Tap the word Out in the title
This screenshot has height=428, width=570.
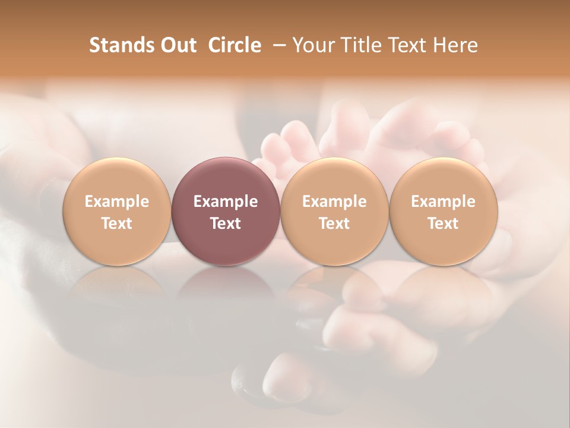(177, 45)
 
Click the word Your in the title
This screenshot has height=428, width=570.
(312, 45)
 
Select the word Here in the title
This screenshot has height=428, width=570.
(455, 45)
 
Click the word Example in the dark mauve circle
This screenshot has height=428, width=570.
(226, 202)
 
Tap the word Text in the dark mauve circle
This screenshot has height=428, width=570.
(226, 224)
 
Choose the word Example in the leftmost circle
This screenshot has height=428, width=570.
(117, 202)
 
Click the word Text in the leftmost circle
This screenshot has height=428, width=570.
(117, 224)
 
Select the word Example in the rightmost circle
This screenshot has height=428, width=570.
(444, 202)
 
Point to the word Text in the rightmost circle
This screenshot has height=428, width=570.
(444, 224)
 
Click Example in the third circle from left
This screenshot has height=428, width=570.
(334, 202)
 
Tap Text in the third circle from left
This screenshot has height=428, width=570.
(334, 224)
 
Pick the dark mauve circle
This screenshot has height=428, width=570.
(226, 178)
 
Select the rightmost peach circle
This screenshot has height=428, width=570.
(444, 178)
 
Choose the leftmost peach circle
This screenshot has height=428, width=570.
(117, 178)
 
